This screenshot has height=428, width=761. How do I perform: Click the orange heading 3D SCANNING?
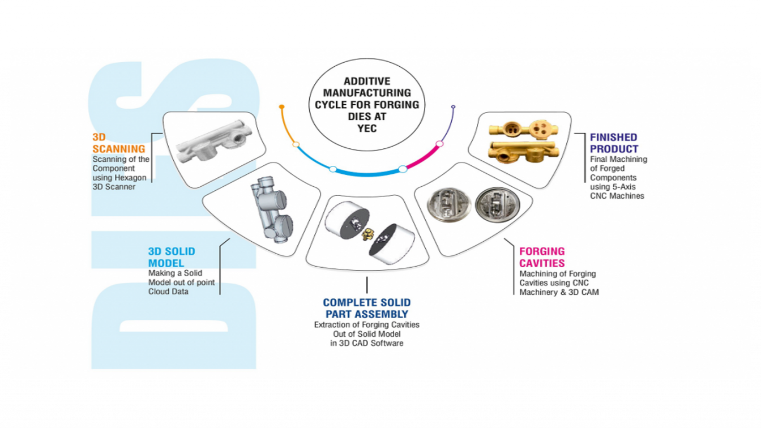pos(119,143)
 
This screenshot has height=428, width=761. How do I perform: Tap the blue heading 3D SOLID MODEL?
pos(172,257)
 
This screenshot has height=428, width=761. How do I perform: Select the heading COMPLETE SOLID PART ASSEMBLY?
pos(367,308)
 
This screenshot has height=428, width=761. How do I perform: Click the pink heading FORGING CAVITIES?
pos(542,257)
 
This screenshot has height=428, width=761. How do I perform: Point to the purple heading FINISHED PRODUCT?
pos(614,143)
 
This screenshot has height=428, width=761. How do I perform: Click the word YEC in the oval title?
pos(367,129)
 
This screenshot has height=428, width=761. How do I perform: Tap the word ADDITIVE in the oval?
pos(367,82)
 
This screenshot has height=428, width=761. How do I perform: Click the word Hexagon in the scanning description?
pos(130,178)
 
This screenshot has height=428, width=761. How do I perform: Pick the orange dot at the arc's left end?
pos(281,107)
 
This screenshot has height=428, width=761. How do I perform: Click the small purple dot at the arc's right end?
pos(453,107)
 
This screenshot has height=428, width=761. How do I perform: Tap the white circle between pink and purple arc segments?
pos(439,144)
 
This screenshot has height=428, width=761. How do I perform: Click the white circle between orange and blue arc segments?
pos(296,145)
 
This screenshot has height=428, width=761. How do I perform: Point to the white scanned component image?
pos(215,142)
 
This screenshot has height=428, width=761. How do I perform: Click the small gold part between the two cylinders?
pos(367,234)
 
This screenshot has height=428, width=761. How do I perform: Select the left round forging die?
pos(449,205)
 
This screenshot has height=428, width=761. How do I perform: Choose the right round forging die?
pos(497,205)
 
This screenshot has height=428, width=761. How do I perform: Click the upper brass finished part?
pos(523,130)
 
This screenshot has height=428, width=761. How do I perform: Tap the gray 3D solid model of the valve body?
pos(272,209)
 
